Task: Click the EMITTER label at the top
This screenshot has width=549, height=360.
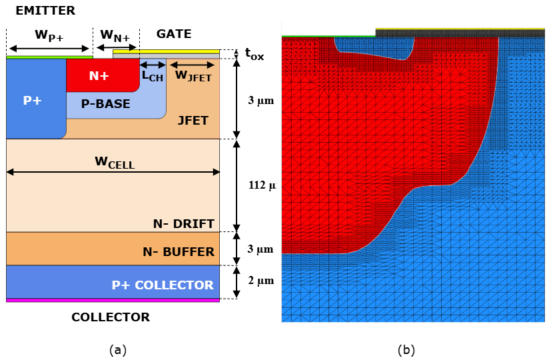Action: [x=45, y=11]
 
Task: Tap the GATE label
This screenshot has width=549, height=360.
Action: [x=174, y=33]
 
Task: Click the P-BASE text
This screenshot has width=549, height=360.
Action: [x=106, y=103]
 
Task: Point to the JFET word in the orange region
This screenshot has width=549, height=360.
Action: [x=193, y=121]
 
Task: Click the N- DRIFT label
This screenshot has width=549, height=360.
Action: [x=184, y=224]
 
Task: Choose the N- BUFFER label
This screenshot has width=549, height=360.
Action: [x=179, y=251]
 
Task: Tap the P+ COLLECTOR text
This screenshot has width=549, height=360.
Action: [x=163, y=285]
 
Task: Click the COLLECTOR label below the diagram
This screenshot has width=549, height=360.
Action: [x=111, y=317]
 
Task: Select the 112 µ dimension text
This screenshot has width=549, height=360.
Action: [x=263, y=185]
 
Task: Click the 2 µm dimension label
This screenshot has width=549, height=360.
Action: [x=261, y=281]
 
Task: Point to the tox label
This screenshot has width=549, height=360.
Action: [x=255, y=54]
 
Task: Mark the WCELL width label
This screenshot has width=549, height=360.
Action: [x=115, y=163]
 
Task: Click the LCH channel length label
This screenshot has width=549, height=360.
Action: [x=153, y=75]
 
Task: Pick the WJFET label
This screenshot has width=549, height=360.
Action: [x=193, y=75]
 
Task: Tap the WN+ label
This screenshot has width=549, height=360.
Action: [x=115, y=35]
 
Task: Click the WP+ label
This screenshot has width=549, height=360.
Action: [x=49, y=35]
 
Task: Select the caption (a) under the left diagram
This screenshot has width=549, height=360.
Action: [x=118, y=350]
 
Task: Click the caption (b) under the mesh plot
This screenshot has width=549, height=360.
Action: [x=406, y=350]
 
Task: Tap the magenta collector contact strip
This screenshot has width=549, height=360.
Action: [x=113, y=300]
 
